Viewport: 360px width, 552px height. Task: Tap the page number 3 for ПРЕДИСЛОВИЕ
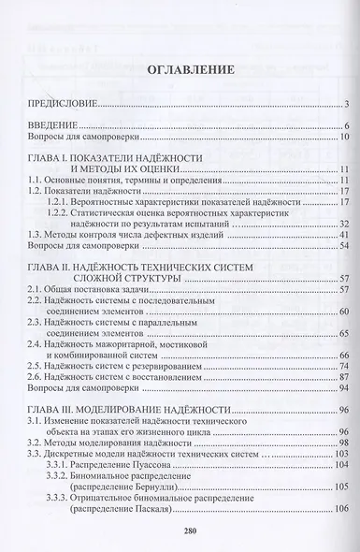[x=345, y=103]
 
